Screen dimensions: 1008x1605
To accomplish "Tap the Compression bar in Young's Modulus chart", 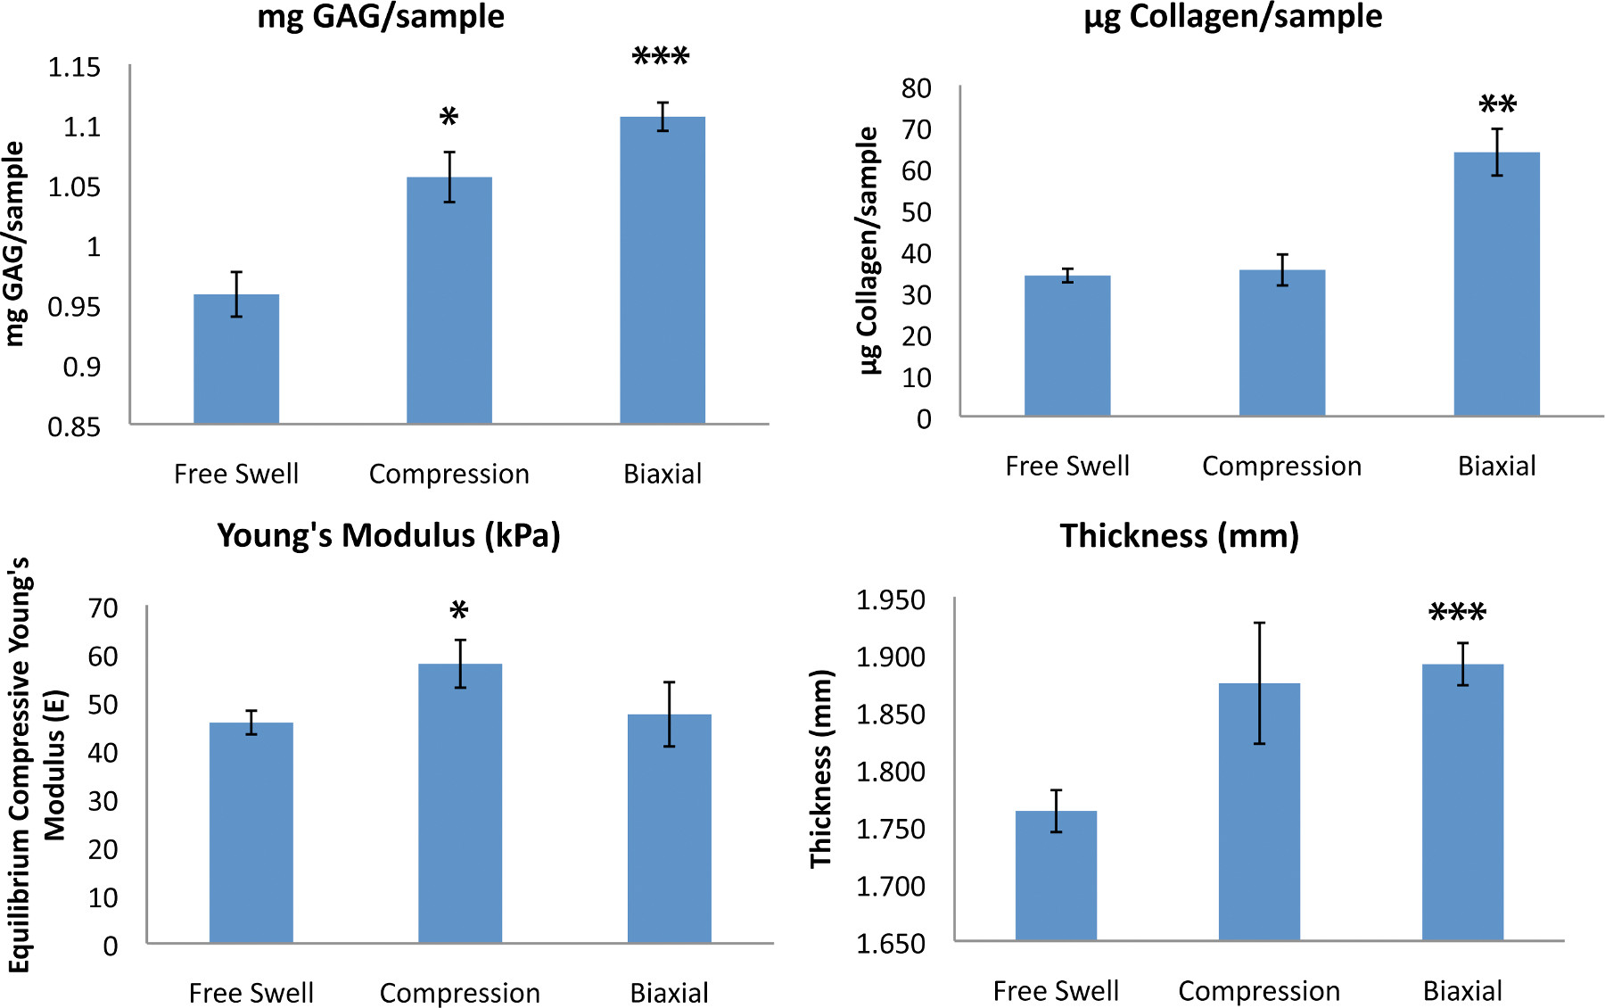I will (460, 803).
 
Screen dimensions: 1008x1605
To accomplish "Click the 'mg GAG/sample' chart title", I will (381, 17).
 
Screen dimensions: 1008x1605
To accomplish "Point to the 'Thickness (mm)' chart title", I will (1179, 536).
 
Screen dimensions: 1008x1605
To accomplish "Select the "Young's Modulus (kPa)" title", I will (389, 535).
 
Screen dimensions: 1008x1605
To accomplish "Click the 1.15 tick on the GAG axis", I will (74, 68).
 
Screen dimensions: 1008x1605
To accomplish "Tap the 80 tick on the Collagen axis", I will (917, 88).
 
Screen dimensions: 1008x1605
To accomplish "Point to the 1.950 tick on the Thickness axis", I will (891, 600).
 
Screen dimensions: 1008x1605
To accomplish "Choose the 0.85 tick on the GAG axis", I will (74, 427).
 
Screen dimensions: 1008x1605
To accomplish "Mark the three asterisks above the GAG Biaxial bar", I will (661, 57).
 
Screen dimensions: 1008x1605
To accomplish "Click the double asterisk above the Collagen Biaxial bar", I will (1497, 104).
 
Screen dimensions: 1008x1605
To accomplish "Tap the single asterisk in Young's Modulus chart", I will (459, 611).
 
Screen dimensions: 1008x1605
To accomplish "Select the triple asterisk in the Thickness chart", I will (1457, 613).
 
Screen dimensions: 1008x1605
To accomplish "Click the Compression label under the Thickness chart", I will (1259, 991).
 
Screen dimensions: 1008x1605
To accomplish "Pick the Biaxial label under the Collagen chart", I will (1496, 466).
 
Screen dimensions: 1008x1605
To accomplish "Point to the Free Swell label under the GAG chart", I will (236, 474).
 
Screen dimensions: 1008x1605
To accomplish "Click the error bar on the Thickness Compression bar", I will (1259, 682).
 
